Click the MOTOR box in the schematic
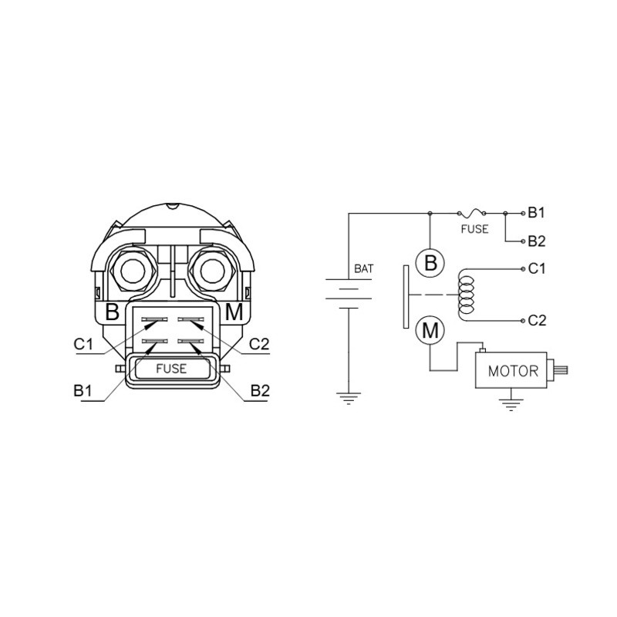pyautogui.click(x=511, y=370)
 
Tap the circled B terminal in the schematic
pyautogui.click(x=430, y=263)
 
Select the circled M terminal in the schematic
pyautogui.click(x=430, y=330)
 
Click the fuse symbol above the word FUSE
pyautogui.click(x=471, y=214)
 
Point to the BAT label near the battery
pyautogui.click(x=363, y=268)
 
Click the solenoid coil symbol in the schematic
pyautogui.click(x=467, y=295)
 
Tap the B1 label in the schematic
pyautogui.click(x=536, y=213)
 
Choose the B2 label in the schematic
pyautogui.click(x=537, y=241)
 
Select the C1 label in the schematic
pyautogui.click(x=537, y=268)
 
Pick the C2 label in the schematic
pyautogui.click(x=537, y=321)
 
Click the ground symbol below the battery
pyautogui.click(x=349, y=398)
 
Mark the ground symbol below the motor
pyautogui.click(x=511, y=404)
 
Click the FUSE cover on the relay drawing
pyautogui.click(x=171, y=369)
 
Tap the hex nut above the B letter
pyautogui.click(x=133, y=271)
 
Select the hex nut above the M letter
pyautogui.click(x=213, y=271)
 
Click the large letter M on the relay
pyautogui.click(x=234, y=312)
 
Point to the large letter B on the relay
pyautogui.click(x=113, y=312)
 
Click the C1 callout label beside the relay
pyautogui.click(x=83, y=344)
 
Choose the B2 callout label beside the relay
pyautogui.click(x=260, y=391)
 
